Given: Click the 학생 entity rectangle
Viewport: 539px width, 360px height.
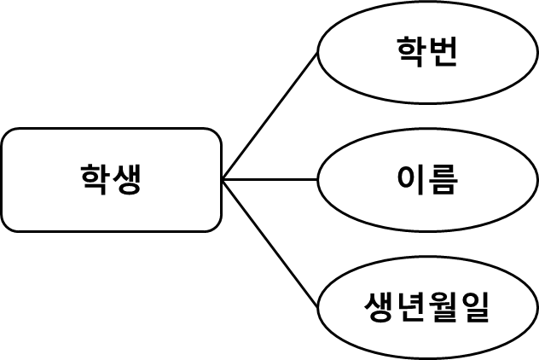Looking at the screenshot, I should [111, 180].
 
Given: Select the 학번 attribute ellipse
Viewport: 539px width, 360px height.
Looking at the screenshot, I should [427, 53].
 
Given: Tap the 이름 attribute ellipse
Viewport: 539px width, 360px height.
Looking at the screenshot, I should [427, 180].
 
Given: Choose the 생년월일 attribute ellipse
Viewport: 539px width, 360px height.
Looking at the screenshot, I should [427, 307].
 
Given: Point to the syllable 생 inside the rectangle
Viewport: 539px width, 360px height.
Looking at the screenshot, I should [126, 180].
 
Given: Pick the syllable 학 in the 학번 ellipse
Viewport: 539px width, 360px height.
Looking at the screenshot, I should [412, 53].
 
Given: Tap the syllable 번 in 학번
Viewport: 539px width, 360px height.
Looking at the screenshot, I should [443, 53].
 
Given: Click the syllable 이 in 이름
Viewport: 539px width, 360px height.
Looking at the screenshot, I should [412, 180].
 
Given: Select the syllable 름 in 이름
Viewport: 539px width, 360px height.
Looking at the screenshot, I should [443, 180].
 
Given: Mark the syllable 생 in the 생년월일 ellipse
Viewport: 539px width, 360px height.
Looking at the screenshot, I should [380, 307].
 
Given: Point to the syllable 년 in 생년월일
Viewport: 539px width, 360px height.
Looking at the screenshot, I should [412, 307].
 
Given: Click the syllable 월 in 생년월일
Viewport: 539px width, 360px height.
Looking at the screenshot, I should [443, 307].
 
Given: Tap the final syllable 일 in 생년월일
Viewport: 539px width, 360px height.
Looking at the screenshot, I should [475, 307].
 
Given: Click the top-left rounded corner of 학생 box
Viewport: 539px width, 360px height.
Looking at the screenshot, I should [8, 135].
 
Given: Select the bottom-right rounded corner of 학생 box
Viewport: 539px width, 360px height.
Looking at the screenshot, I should [215, 225].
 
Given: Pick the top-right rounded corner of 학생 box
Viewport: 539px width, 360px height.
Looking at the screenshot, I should [215, 135].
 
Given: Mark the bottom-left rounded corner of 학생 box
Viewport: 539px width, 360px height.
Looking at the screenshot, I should [8, 225].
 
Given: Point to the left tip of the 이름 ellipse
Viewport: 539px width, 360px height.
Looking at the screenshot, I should [321, 180].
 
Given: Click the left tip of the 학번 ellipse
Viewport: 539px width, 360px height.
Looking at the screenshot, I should [321, 53].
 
